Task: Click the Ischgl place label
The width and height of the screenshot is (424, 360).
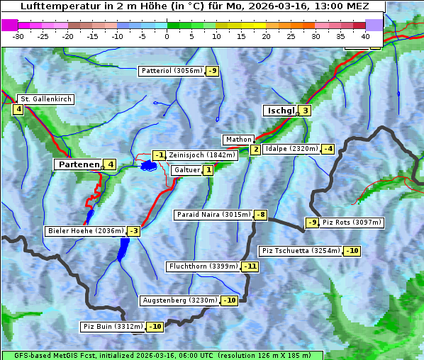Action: [280, 111]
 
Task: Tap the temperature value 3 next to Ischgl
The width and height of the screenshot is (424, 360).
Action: [305, 111]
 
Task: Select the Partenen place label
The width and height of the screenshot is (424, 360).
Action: [78, 164]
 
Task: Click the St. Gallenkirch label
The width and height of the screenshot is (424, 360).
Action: [46, 99]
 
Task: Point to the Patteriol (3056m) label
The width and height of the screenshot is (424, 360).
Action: [172, 71]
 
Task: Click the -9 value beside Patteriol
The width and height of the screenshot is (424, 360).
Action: [213, 71]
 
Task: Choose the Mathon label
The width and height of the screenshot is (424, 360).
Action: [238, 140]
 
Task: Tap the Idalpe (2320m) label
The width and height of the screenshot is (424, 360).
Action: [291, 149]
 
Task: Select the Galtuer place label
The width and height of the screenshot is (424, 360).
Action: [187, 170]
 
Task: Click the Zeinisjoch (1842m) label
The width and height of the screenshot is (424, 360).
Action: [201, 155]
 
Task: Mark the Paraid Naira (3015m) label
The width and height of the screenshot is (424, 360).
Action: [213, 215]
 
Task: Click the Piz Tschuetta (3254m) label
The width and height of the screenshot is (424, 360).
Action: [301, 251]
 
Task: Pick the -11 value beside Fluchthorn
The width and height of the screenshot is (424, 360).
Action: [250, 267]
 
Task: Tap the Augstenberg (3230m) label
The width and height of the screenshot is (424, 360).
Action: [179, 300]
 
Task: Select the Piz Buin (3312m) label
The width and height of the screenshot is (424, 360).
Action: [113, 327]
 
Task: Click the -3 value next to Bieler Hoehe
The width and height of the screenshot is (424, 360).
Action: [133, 231]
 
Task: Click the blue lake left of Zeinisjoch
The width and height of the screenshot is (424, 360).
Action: [148, 165]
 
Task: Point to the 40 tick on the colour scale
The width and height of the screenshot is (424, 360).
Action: [365, 35]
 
